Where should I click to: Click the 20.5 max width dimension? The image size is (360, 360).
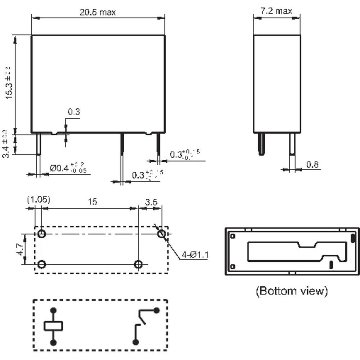tap(98, 12)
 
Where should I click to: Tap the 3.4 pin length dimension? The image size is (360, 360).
tap(6, 144)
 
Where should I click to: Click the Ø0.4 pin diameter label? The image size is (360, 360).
tap(68, 168)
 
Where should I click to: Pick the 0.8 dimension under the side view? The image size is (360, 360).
tap(312, 165)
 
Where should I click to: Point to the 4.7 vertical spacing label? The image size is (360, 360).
tap(19, 249)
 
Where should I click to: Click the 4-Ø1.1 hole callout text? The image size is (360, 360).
tap(195, 255)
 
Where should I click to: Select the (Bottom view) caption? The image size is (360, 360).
tap(292, 291)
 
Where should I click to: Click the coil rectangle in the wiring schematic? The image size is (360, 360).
tap(54, 326)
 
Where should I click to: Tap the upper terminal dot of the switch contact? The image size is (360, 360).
tap(156, 310)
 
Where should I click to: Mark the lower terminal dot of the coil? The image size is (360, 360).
tap(54, 342)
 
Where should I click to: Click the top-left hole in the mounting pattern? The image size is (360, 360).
tap(42, 234)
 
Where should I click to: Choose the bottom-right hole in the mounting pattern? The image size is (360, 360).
tap(138, 265)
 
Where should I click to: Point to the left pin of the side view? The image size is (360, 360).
tap(261, 144)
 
